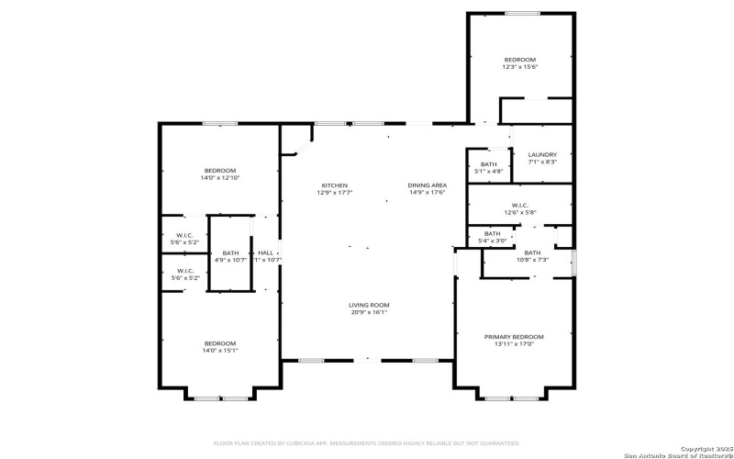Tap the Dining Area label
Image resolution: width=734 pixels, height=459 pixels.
(427, 185)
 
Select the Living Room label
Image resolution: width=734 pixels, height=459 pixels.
(369, 305)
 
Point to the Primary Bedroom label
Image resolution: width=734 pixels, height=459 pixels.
(514, 337)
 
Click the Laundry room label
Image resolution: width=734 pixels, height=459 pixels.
(542, 154)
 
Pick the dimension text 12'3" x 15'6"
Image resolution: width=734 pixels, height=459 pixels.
(519, 67)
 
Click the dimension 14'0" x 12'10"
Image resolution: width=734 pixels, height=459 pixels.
(220, 177)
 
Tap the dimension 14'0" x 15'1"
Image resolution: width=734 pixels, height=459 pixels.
(220, 351)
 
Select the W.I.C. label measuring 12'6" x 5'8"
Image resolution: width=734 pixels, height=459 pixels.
(519, 205)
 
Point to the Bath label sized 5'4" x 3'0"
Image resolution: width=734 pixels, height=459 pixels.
(493, 233)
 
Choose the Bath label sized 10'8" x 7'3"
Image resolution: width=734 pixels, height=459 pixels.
(532, 252)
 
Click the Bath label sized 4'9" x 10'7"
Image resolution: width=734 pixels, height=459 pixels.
(230, 252)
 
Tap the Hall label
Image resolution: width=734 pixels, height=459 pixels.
(265, 252)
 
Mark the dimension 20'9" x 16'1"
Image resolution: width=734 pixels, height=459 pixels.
(369, 312)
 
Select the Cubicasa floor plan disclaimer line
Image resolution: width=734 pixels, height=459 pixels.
(367, 442)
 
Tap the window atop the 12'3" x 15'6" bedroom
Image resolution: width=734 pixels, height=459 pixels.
(522, 13)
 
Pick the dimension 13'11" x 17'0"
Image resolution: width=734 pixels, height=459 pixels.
(514, 344)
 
